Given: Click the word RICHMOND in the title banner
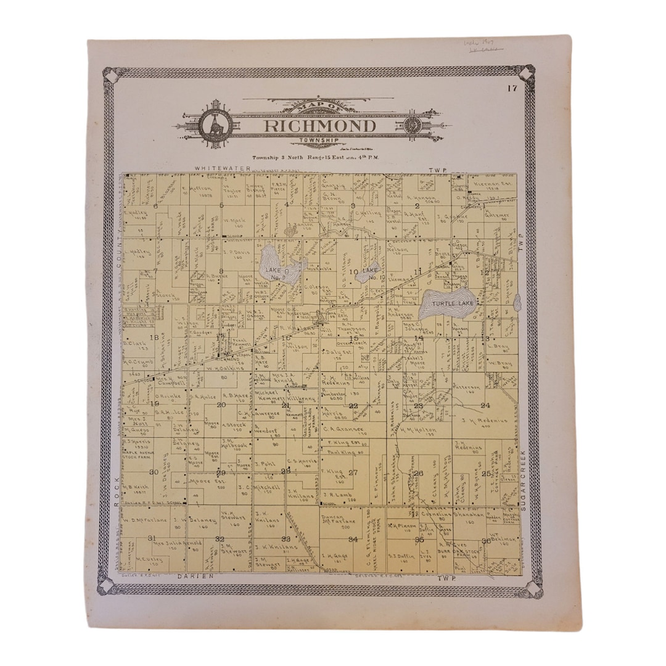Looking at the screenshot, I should pyautogui.click(x=320, y=126).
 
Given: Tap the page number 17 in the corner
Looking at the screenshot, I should pyautogui.click(x=512, y=89).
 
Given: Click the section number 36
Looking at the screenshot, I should pyautogui.click(x=486, y=541).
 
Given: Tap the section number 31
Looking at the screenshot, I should pyautogui.click(x=152, y=538).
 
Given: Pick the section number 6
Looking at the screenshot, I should pyautogui.click(x=157, y=206).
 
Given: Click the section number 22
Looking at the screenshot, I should pyautogui.click(x=353, y=406).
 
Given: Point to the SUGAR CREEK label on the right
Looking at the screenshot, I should pyautogui.click(x=524, y=477).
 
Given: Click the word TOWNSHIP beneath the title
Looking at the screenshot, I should pyautogui.click(x=319, y=141).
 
